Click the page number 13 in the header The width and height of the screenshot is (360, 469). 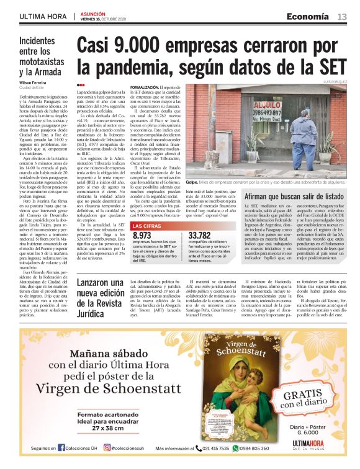coord(342,16)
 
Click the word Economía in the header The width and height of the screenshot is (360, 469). coord(308,16)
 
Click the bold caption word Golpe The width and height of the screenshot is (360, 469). coord(191,166)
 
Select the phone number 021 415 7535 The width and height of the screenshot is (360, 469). coord(217,449)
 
